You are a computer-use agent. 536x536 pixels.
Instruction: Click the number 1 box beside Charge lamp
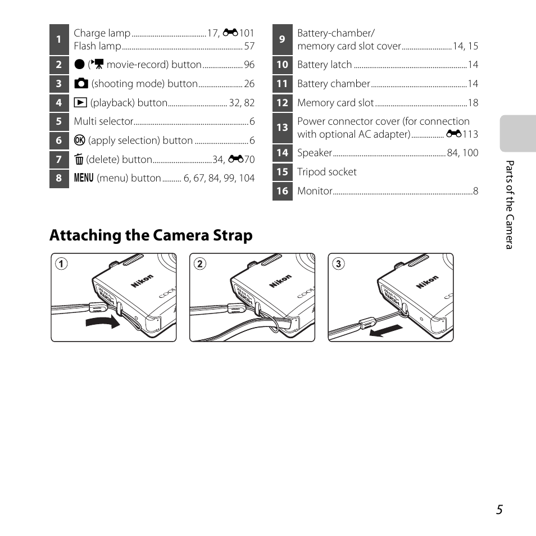point(58,39)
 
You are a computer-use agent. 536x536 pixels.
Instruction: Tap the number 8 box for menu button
point(58,178)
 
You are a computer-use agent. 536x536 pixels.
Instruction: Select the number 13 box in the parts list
point(282,128)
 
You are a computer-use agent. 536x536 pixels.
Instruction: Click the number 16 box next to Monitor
point(282,191)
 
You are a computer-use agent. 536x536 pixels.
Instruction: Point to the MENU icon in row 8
point(83,178)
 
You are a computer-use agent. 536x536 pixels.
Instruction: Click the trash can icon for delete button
point(78,160)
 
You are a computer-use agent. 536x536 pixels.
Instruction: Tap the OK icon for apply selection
point(79,140)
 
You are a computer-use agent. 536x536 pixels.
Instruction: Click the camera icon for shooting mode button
point(81,84)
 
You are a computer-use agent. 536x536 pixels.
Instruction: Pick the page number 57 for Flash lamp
point(249,46)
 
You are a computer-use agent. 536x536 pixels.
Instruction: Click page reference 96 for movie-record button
point(249,65)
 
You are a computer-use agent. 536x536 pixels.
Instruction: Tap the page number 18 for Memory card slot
point(473,103)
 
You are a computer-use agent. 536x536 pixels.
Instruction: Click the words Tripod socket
point(326,172)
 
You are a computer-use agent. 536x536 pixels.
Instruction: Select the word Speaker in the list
point(315,153)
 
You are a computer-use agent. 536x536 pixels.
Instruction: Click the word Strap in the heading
point(231,235)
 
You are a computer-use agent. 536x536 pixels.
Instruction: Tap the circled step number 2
point(199,263)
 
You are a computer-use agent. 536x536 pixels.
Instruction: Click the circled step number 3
point(338,263)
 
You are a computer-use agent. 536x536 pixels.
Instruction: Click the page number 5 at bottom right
point(499,509)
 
